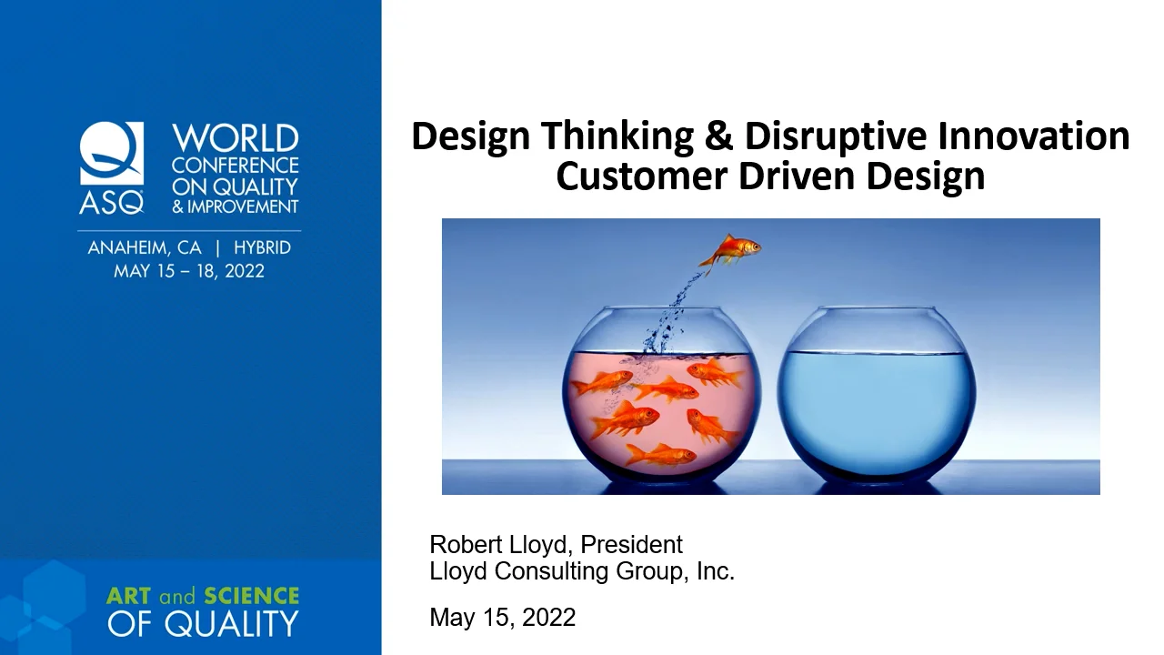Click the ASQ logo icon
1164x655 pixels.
coord(112,166)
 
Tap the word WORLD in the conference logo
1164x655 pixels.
coord(236,139)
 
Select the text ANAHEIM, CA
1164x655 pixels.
coord(144,248)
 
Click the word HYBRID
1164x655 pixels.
coord(262,248)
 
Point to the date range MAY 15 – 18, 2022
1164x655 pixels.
coord(189,271)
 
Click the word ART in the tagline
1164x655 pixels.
coord(129,596)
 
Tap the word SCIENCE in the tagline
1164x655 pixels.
coord(251,596)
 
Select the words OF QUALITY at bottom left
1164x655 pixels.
coord(202,624)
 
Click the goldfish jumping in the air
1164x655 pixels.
coord(732,248)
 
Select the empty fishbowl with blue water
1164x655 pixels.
coord(877,394)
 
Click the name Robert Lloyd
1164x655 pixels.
coord(500,545)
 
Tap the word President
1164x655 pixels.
coord(631,545)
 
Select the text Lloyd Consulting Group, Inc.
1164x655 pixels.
coord(582,571)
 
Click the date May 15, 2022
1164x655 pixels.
coord(502,618)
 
